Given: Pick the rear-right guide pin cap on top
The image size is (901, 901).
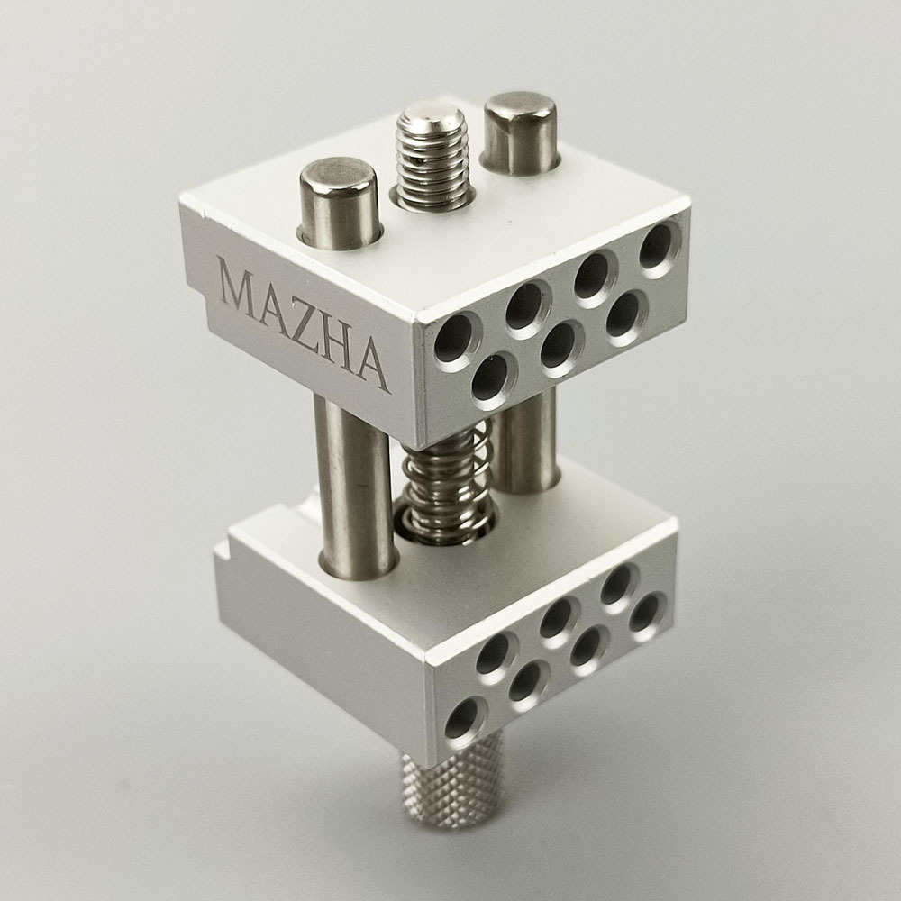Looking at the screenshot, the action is (x=521, y=133).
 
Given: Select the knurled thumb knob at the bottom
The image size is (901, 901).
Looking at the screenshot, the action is (x=451, y=781).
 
